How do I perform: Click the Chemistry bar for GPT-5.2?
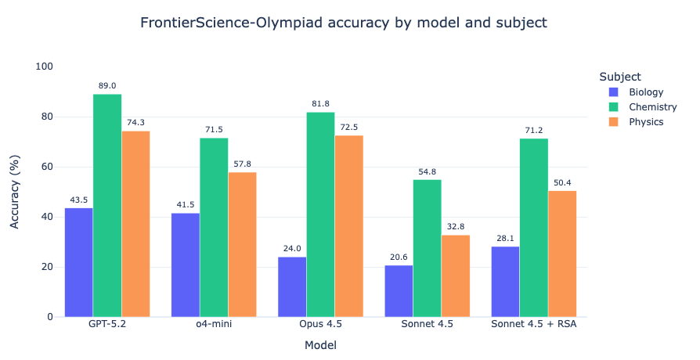click(107, 205)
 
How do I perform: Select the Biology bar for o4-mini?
click(186, 265)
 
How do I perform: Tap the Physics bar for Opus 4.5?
click(348, 226)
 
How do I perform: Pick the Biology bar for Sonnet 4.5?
click(399, 291)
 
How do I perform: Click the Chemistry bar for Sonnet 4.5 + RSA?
click(533, 228)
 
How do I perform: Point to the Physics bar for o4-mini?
click(242, 244)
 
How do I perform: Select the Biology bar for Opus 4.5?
click(292, 286)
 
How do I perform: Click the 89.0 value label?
click(107, 86)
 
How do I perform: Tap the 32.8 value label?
click(455, 227)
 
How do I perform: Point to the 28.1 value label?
click(505, 239)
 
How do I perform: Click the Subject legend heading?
click(620, 77)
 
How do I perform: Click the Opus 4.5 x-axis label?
click(320, 324)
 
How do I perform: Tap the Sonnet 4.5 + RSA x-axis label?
click(533, 324)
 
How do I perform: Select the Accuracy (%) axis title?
click(15, 192)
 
